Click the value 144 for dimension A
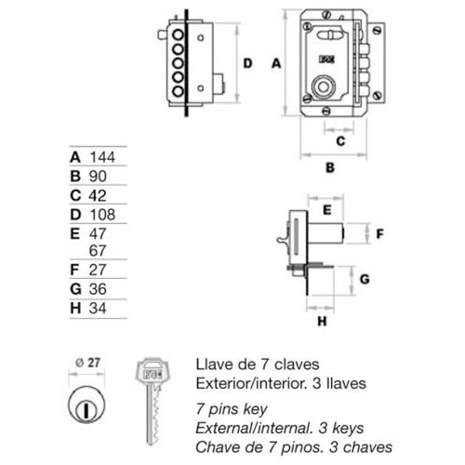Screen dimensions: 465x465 (102, 157)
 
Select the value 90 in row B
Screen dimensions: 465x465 (98, 176)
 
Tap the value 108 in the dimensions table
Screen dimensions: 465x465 (102, 215)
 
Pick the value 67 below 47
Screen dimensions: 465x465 (98, 250)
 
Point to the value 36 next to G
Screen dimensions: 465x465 (98, 289)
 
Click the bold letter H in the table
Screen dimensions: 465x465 (75, 308)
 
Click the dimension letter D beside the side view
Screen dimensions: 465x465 (247, 63)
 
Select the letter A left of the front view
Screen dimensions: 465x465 (276, 63)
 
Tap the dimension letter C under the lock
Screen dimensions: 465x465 (340, 141)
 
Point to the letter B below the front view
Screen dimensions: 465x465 (330, 167)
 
